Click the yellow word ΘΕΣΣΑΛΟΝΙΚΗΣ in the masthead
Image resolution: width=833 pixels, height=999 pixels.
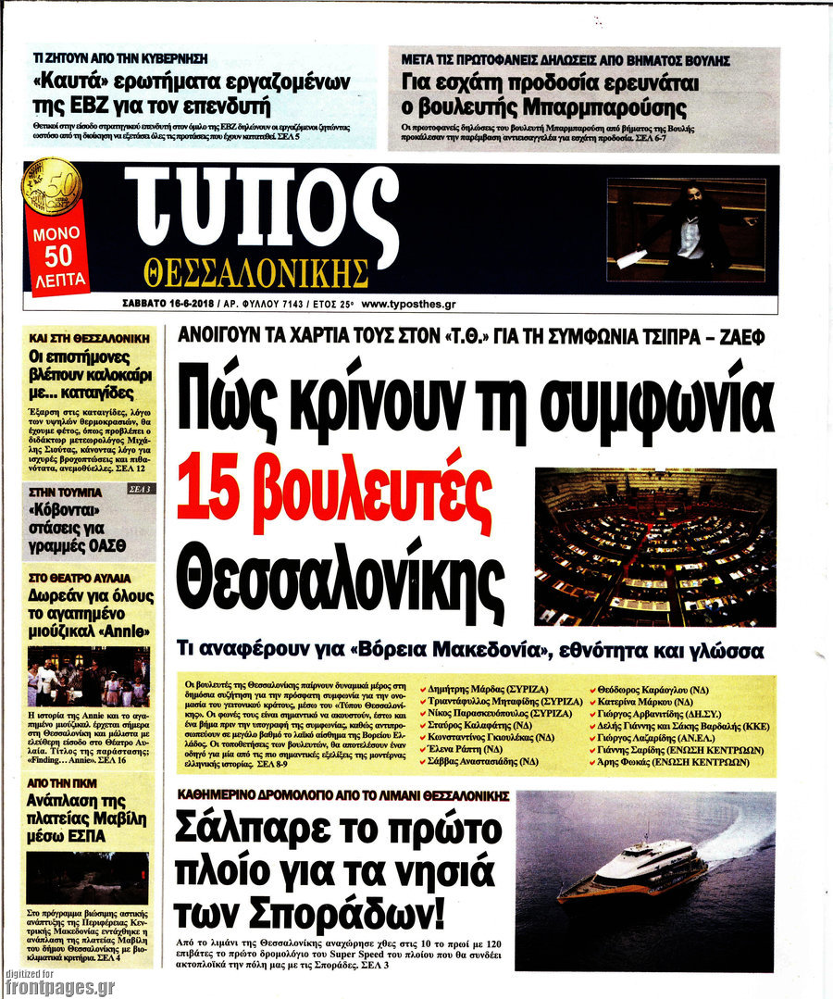tap(256, 273)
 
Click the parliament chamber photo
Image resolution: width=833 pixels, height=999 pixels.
tap(655, 547)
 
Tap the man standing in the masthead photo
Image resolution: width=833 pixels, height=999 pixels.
tap(690, 231)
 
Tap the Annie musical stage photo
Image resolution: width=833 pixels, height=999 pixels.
tap(88, 676)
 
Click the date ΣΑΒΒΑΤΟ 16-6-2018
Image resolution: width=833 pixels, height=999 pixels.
tap(168, 304)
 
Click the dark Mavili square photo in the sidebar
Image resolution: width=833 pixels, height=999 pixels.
tap(88, 877)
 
